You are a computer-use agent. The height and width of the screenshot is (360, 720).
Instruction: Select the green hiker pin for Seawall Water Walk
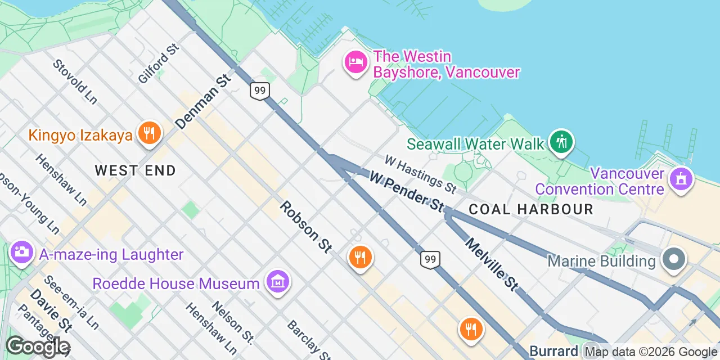(561, 141)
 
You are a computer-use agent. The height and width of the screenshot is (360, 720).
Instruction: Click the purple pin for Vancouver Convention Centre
(681, 179)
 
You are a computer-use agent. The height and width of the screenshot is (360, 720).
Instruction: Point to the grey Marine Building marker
(673, 260)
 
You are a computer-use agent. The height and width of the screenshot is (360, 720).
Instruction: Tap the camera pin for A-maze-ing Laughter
(22, 251)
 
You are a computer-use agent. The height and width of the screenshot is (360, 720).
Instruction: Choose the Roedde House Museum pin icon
(278, 281)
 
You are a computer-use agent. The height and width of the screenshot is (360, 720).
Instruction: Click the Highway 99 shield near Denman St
(260, 91)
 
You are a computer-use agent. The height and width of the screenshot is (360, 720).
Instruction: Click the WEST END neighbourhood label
(135, 170)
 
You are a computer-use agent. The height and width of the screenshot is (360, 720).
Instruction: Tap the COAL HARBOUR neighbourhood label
(531, 210)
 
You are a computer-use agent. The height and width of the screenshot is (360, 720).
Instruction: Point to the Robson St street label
(306, 227)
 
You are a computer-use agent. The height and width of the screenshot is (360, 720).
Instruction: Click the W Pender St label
(406, 192)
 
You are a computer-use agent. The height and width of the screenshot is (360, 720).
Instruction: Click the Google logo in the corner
(37, 346)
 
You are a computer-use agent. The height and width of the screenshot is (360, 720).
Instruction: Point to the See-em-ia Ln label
(71, 302)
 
